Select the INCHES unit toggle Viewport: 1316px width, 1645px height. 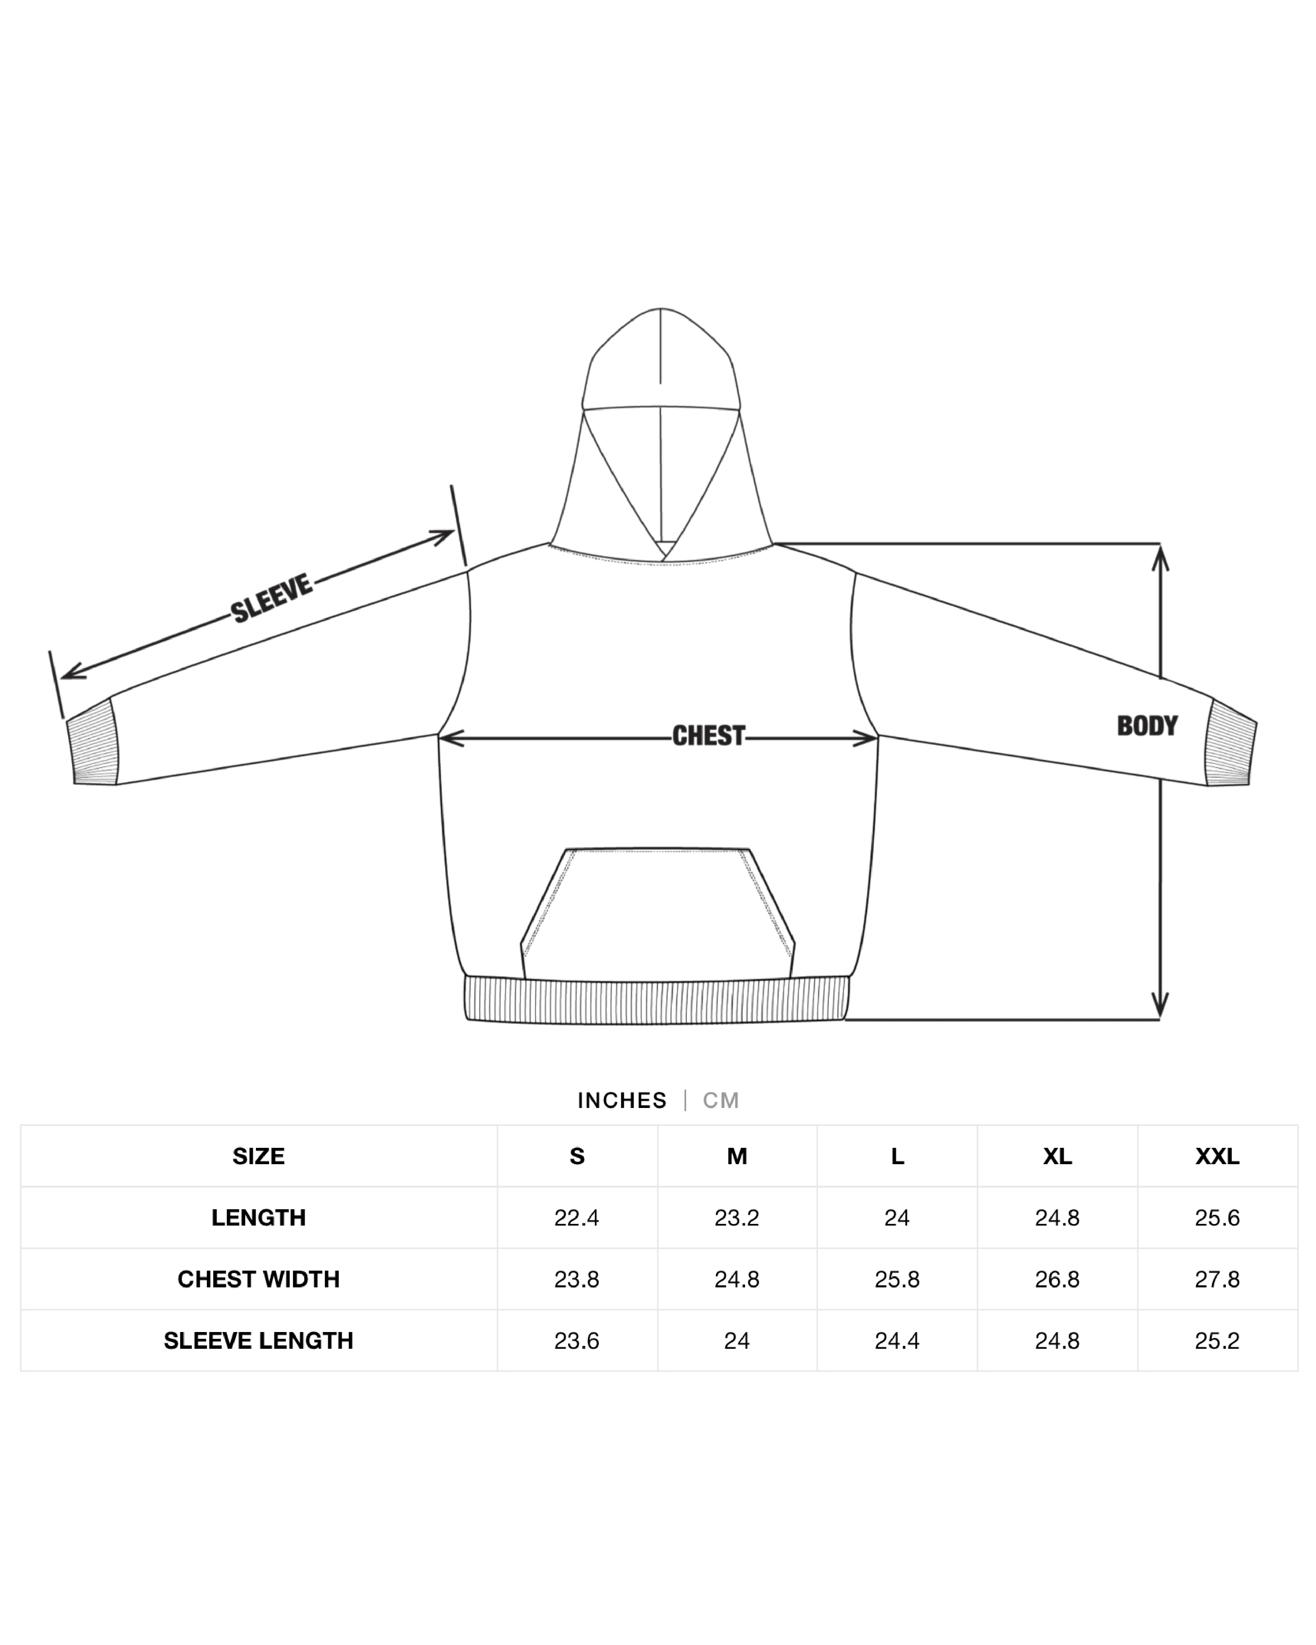coord(622,1100)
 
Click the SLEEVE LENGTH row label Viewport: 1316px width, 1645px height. coord(259,1340)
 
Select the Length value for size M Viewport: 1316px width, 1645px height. coord(736,1218)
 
